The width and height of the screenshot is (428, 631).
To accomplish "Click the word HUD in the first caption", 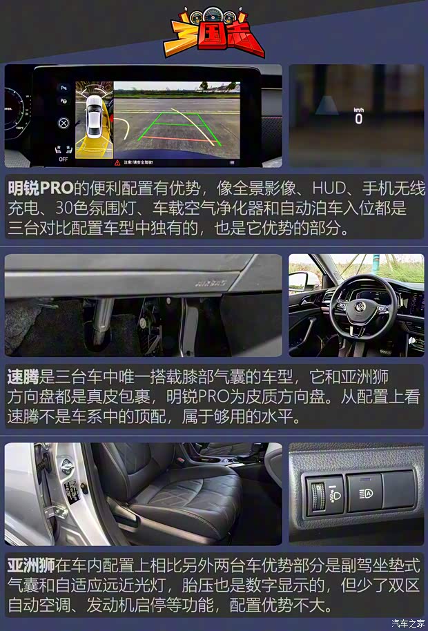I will (x=331, y=188).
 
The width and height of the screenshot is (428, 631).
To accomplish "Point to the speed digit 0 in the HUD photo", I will (x=358, y=118).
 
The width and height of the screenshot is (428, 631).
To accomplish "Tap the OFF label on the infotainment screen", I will (x=64, y=159).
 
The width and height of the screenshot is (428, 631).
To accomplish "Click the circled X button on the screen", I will (x=64, y=123).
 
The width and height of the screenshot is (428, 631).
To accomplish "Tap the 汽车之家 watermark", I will (x=407, y=623).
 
